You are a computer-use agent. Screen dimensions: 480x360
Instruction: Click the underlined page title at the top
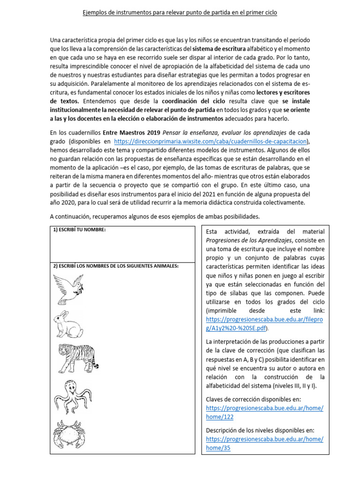point(180,13)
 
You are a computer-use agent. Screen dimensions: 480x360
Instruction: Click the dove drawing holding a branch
point(70,288)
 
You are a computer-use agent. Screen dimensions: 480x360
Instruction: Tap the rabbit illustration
point(68,323)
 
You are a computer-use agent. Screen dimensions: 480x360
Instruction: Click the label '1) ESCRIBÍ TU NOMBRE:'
point(79,230)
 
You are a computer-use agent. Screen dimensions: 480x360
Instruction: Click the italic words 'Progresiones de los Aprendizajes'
point(249,240)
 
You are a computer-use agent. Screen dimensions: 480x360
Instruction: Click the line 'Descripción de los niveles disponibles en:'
point(260,430)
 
